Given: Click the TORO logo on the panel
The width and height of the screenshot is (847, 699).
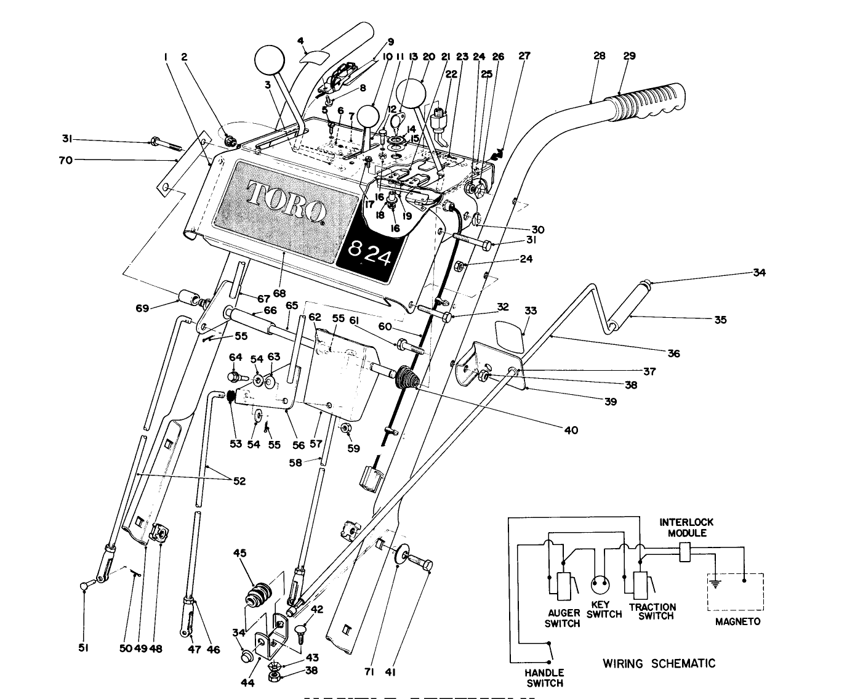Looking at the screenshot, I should [x=286, y=200].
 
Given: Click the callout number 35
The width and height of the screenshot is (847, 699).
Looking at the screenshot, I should [x=720, y=320].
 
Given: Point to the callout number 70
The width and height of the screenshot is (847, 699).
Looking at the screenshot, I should [x=65, y=160].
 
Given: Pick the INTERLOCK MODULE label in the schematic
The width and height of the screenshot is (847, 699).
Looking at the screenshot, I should [x=686, y=527].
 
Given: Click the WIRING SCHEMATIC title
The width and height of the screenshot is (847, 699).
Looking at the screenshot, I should [x=659, y=663].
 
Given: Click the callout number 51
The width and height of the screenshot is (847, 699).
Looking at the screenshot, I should [x=84, y=647].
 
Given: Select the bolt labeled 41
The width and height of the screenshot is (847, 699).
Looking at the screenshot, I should [x=420, y=562].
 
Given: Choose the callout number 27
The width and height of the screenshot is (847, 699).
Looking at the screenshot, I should [x=524, y=56].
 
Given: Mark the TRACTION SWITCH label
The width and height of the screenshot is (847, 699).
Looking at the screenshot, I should [x=652, y=612].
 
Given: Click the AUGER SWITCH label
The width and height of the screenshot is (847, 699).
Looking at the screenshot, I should [x=563, y=618].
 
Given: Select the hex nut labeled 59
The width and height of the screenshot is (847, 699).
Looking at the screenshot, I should [x=345, y=427].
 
